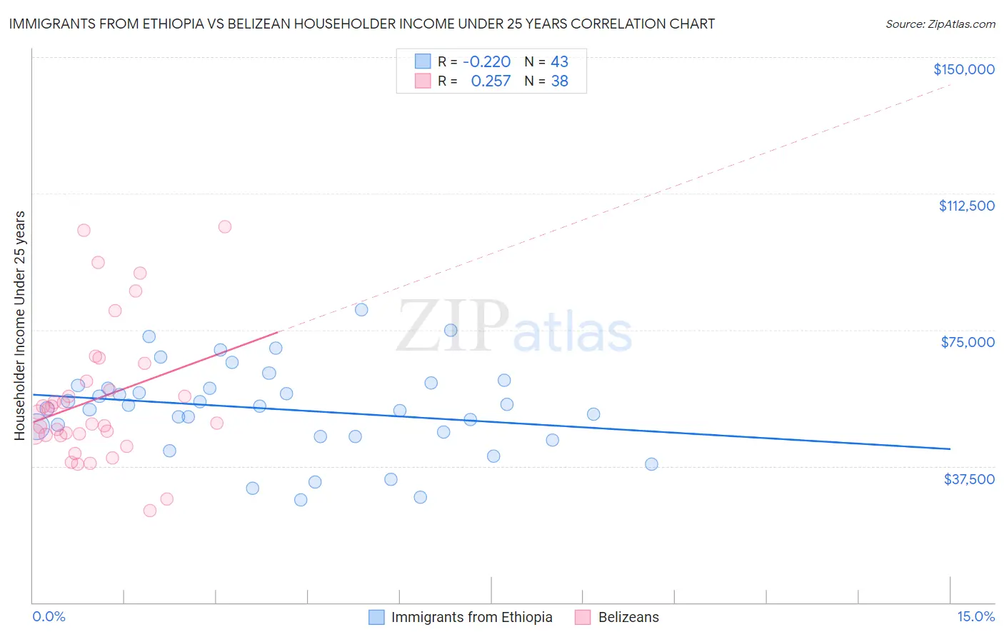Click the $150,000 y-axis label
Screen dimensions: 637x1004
tap(963, 69)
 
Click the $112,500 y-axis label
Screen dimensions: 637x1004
tap(966, 206)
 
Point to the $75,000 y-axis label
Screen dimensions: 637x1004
tap(968, 342)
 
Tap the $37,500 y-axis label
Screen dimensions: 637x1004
tap(969, 479)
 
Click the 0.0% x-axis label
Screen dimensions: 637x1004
tap(49, 617)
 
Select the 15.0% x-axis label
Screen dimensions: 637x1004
tap(975, 617)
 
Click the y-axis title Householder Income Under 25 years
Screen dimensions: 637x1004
tap(20, 325)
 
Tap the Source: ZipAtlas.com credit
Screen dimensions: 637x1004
tap(940, 24)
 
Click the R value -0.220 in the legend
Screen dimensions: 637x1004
tap(486, 62)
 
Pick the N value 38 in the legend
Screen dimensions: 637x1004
tap(559, 81)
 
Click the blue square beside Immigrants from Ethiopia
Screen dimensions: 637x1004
tap(376, 617)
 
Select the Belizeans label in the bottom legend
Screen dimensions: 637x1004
tap(628, 617)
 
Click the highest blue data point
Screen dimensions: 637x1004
tap(361, 310)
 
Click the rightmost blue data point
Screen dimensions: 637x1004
tap(651, 464)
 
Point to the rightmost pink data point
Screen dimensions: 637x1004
tap(224, 226)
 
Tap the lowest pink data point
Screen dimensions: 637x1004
tap(150, 511)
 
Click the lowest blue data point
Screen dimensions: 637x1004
tap(301, 500)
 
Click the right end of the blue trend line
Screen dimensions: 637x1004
tap(950, 449)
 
